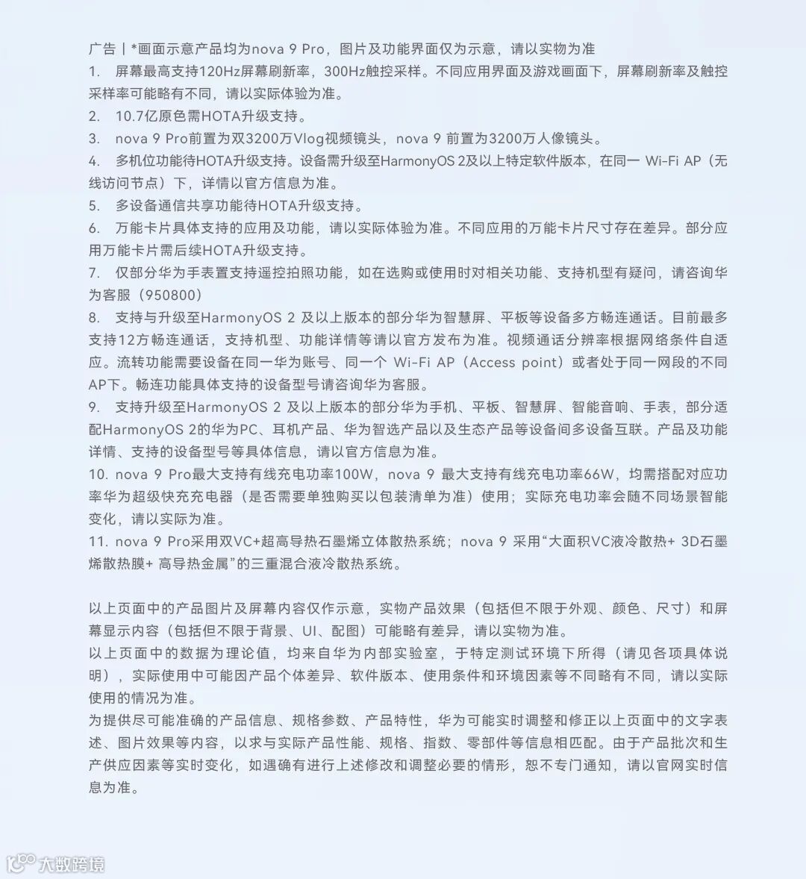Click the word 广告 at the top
[101, 49]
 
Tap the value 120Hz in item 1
[222, 72]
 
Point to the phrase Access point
[513, 363]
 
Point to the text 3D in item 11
[690, 542]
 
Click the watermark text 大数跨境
[72, 864]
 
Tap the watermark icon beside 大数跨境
[21, 863]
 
